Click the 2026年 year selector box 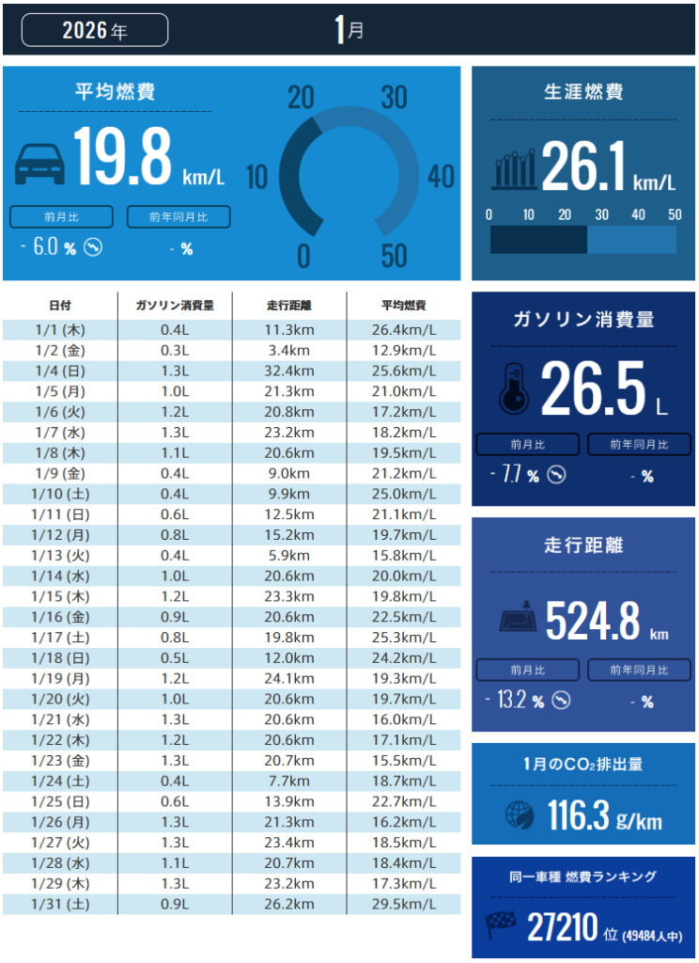95,30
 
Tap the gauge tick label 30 394,98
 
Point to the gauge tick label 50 394,256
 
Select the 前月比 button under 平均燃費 62,217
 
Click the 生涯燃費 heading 583,92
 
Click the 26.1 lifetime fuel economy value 582,167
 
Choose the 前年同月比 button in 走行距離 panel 640,671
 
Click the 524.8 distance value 593,622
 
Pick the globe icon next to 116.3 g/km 520,814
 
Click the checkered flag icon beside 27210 500,926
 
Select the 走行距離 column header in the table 289,306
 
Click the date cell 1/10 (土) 60,494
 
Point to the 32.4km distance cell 289,371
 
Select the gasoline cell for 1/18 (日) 175,658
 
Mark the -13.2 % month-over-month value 515,701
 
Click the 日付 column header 60,306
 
